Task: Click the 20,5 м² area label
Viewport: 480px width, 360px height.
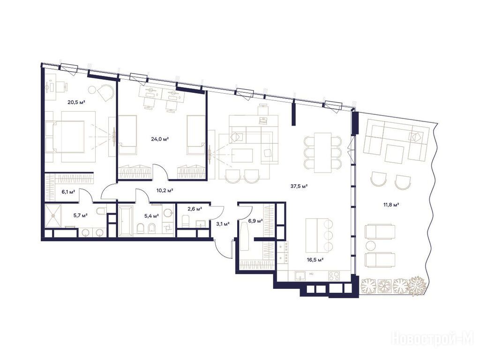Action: [76, 102]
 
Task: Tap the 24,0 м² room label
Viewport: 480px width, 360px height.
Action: [160, 139]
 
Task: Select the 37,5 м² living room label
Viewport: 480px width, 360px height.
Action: [299, 186]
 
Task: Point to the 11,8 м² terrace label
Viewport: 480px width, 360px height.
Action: [391, 205]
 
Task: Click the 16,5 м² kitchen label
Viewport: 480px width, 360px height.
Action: [315, 260]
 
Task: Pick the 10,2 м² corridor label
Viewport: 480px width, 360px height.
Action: [165, 190]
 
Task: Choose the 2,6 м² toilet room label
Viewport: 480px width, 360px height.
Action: [195, 209]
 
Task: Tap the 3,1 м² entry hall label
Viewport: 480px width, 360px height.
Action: [223, 224]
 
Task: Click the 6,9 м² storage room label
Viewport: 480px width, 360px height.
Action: [256, 220]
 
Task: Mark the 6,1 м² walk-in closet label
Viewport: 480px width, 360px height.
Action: [68, 192]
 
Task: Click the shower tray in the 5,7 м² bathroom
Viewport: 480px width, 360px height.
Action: [53, 216]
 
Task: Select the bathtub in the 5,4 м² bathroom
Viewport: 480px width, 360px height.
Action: [126, 221]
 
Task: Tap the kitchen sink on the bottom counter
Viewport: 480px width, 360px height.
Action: [301, 276]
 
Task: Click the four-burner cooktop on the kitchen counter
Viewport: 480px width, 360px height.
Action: [334, 276]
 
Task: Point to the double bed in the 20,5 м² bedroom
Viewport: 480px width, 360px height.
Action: [65, 136]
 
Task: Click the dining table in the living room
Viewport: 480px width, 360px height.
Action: [322, 152]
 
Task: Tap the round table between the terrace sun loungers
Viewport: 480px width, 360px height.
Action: [370, 246]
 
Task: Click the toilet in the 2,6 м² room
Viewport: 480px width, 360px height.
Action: [186, 221]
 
